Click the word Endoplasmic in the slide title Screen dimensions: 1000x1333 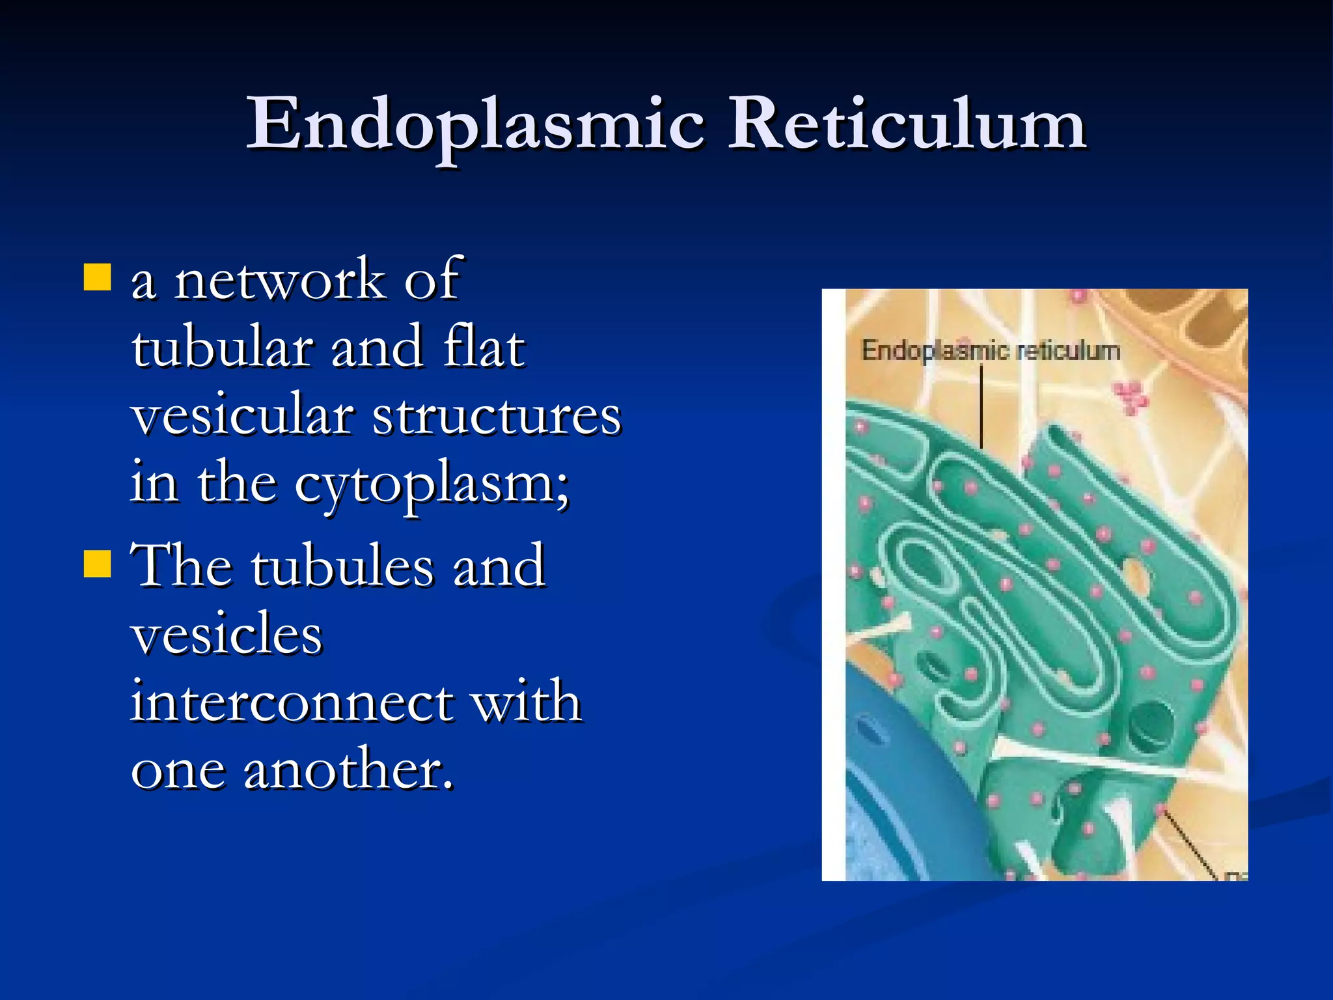(475, 124)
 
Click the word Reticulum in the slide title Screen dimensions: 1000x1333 (906, 124)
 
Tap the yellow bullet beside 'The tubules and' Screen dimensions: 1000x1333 (98, 564)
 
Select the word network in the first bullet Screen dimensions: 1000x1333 (280, 280)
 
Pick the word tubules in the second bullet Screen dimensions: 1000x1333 (342, 566)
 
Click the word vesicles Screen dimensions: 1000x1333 (227, 635)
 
